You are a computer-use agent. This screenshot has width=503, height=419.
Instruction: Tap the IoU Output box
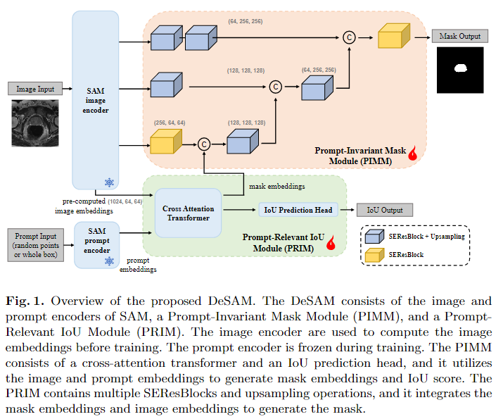tap(384, 210)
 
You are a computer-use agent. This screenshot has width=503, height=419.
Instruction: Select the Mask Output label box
tap(459, 36)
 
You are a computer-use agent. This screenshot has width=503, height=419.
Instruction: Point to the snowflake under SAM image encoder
tap(109, 182)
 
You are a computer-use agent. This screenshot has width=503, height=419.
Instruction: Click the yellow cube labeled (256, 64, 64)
tap(163, 143)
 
